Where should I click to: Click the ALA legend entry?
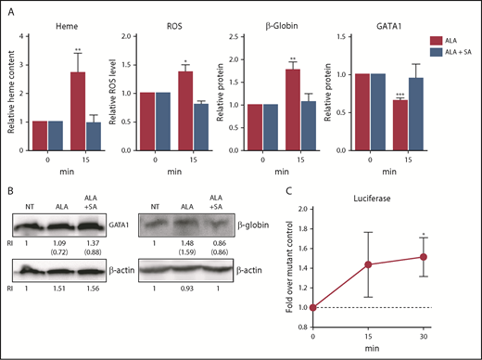(x=448, y=41)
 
